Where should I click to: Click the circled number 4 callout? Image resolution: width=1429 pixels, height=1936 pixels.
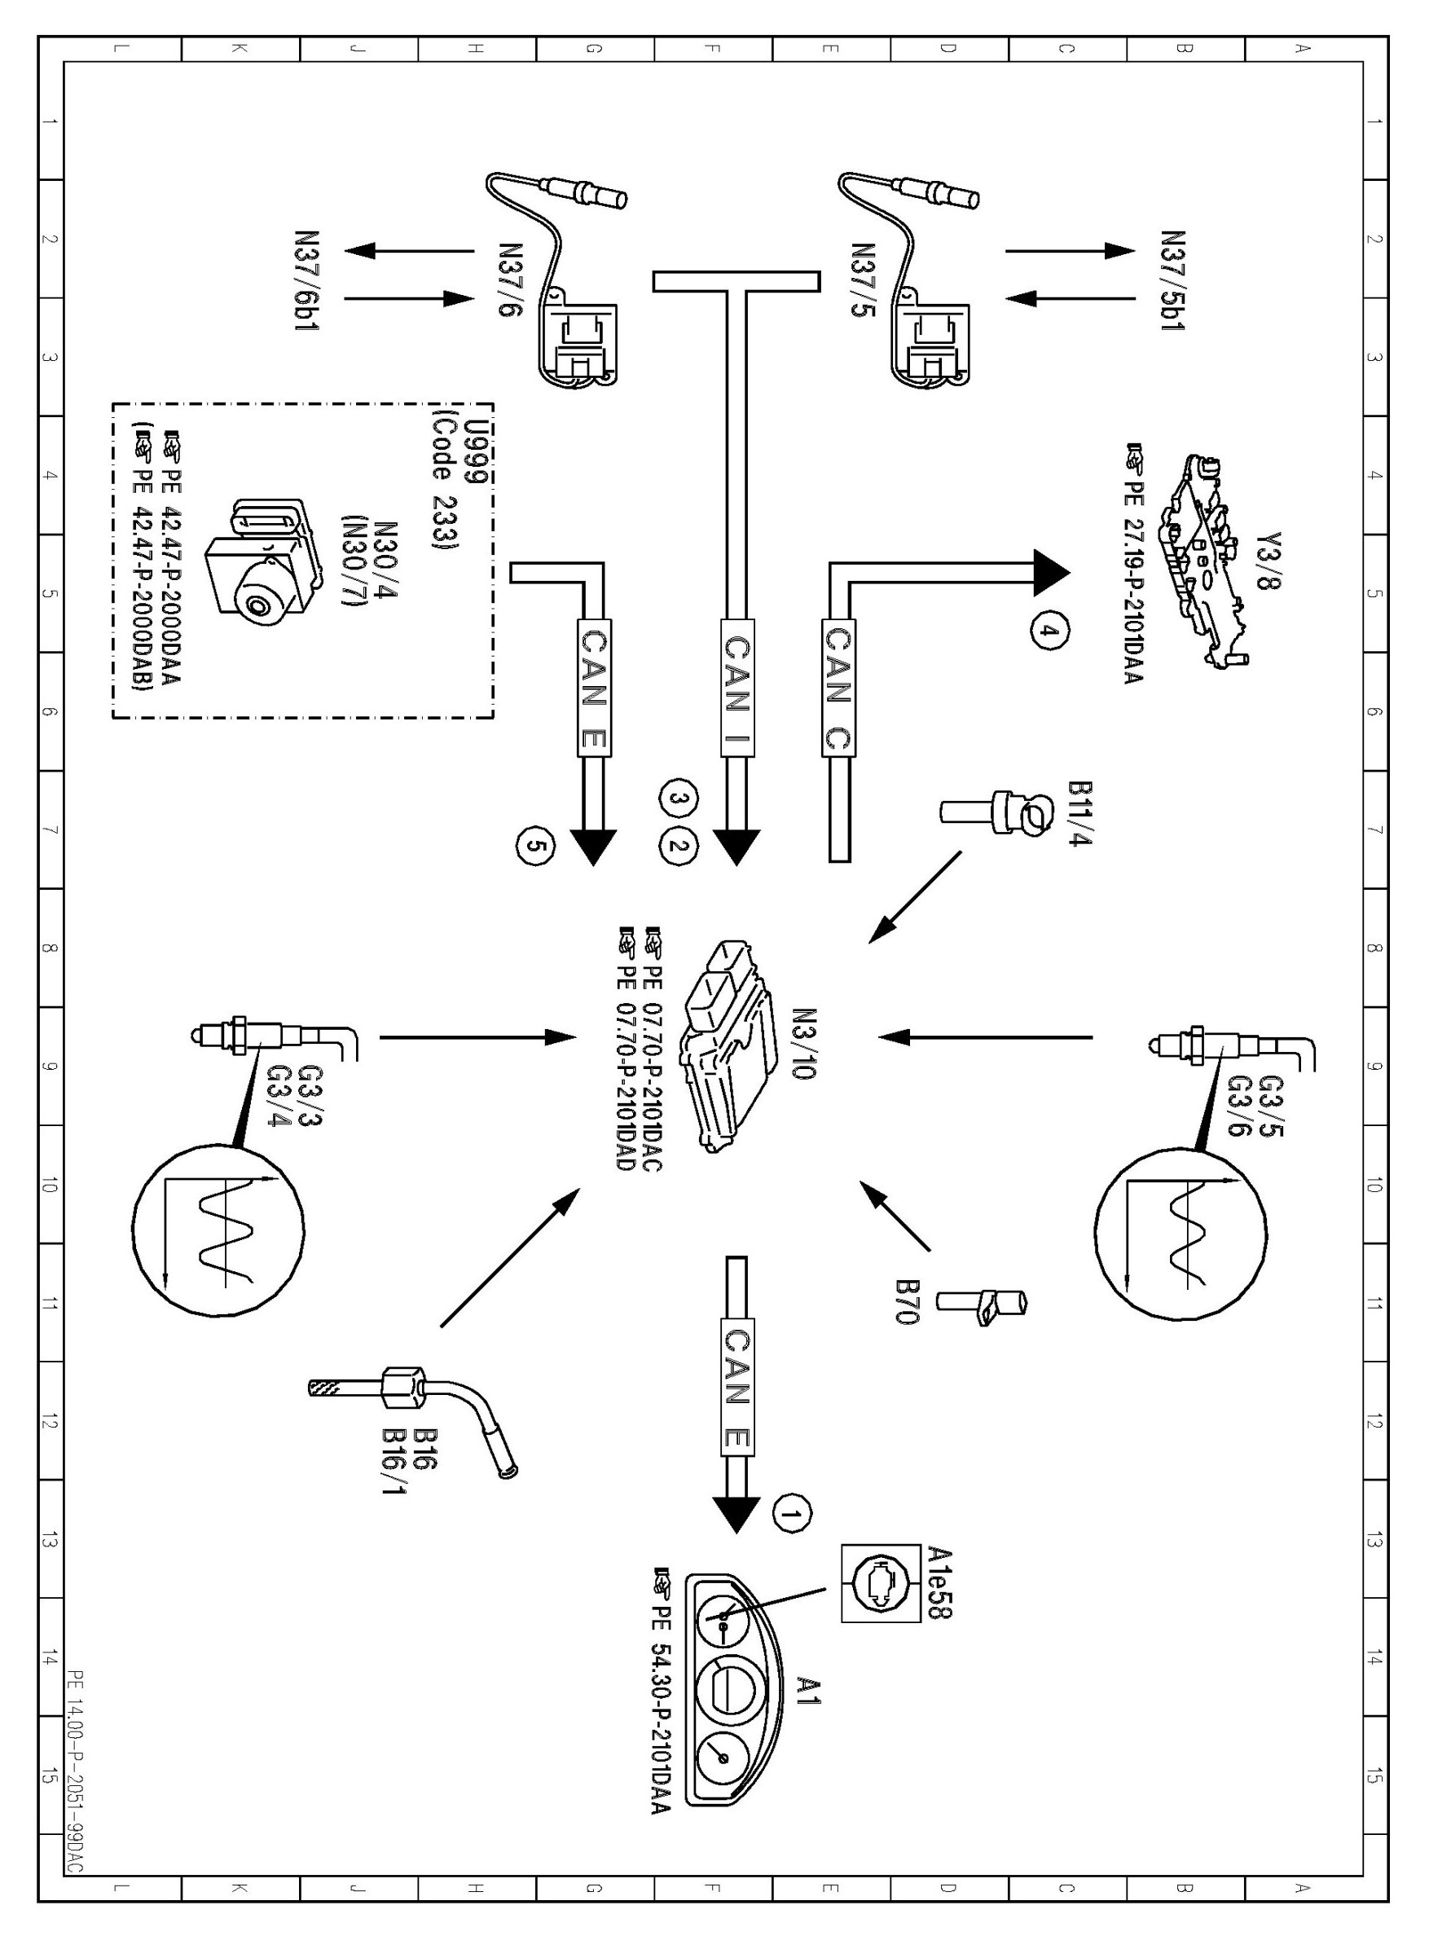pos(1049,631)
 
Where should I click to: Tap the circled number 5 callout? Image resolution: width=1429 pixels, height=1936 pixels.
pos(535,847)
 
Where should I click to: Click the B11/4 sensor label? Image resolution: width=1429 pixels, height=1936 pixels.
pos(1079,814)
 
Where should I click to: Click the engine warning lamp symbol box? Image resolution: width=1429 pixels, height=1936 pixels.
pos(881,1583)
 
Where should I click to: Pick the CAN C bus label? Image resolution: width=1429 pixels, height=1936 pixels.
pos(838,688)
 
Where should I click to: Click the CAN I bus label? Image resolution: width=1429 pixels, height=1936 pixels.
pos(736,688)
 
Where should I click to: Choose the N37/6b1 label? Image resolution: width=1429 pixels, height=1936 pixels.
pos(307,282)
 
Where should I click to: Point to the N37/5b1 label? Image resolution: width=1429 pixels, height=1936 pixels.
pos(1172,281)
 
